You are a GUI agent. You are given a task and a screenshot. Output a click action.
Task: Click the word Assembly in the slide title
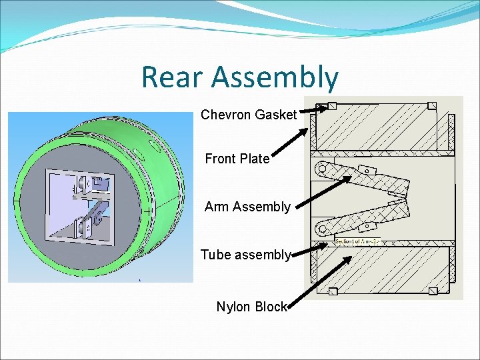275,78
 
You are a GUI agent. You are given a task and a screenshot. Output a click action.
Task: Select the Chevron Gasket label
248,115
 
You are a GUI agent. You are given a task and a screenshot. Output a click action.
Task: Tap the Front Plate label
237,159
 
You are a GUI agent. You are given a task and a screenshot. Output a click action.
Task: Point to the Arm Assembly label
247,207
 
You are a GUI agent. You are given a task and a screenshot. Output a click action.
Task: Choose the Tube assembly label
245,255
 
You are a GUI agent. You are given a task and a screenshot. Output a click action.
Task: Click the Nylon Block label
251,307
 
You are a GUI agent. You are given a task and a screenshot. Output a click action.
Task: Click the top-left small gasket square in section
332,106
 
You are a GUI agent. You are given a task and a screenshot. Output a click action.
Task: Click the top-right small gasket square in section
432,105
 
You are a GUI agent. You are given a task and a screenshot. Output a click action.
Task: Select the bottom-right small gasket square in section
432,290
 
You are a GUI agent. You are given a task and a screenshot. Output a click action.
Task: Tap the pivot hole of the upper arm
323,169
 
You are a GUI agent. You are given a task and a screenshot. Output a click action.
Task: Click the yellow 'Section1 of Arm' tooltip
355,241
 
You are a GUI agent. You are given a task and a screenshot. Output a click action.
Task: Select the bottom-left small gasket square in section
332,290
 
